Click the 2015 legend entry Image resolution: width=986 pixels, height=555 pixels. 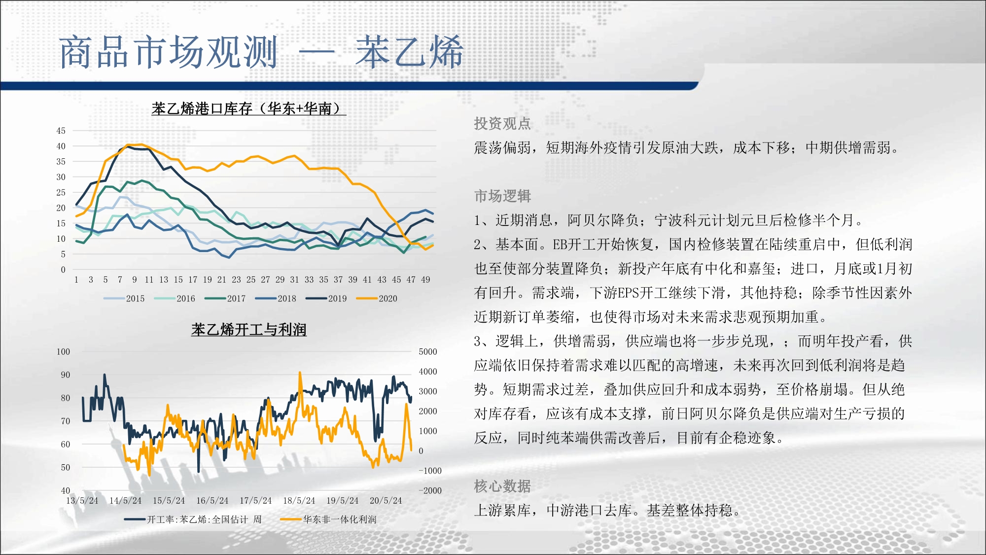(x=124, y=298)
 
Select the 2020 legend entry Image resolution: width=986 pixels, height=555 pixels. (x=377, y=298)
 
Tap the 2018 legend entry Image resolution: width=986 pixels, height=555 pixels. (x=276, y=298)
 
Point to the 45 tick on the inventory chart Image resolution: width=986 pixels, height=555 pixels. (x=61, y=131)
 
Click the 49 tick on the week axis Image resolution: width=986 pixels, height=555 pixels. (x=425, y=280)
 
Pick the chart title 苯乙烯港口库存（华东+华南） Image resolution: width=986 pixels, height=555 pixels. (x=249, y=109)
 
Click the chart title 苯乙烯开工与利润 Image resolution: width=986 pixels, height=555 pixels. (x=249, y=330)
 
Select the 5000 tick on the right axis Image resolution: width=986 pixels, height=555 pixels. (x=428, y=352)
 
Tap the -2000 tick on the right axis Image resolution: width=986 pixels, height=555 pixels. (x=430, y=490)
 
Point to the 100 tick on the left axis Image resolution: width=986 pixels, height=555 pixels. (x=63, y=352)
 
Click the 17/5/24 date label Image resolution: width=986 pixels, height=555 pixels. (x=255, y=501)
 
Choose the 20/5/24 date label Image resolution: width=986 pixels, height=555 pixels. (x=386, y=501)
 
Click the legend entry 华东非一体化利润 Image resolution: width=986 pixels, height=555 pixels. (x=328, y=519)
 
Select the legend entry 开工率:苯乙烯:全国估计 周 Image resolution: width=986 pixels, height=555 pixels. (x=193, y=519)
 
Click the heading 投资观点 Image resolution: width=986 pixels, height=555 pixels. (x=502, y=123)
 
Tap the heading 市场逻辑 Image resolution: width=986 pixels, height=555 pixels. (x=502, y=196)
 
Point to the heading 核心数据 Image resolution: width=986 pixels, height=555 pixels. (x=502, y=486)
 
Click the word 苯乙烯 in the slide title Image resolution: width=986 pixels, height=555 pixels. (x=409, y=52)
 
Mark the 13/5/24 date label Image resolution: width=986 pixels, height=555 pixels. (x=82, y=501)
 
